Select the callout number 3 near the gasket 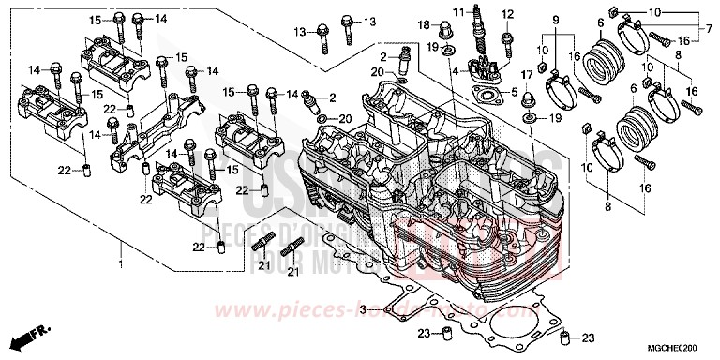(x=362, y=308)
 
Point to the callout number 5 (x=512, y=91)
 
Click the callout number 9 (x=555, y=20)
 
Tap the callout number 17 (x=527, y=75)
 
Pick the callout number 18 (x=423, y=23)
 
